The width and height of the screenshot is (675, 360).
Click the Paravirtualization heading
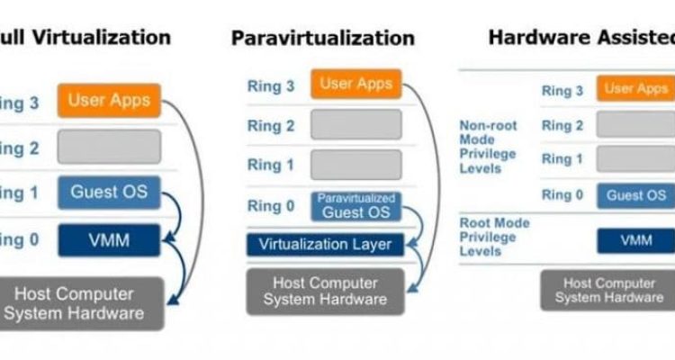click(x=323, y=39)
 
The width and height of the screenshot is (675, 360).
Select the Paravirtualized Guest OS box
click(x=355, y=206)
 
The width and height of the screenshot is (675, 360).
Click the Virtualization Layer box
click(x=325, y=244)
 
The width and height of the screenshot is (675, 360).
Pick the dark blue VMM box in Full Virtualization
click(x=110, y=239)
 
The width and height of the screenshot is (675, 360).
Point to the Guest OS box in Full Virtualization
click(x=110, y=193)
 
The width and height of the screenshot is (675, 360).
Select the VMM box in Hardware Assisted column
click(x=636, y=240)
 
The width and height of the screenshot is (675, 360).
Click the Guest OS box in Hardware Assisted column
click(x=636, y=195)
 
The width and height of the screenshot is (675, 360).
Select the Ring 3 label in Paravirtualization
click(x=271, y=86)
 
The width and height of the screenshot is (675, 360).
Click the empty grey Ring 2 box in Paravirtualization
click(x=355, y=125)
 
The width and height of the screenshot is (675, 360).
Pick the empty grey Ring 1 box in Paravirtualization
click(x=355, y=165)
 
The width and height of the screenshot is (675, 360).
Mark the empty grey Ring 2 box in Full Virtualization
click(x=110, y=146)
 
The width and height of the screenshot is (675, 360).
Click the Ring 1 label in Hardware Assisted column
click(x=562, y=159)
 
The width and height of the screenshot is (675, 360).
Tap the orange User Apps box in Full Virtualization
click(x=110, y=100)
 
